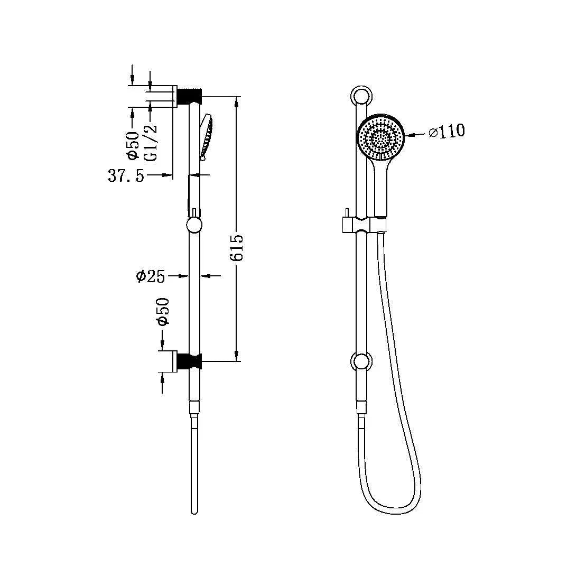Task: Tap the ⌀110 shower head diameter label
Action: click(446, 131)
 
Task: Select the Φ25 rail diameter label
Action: click(150, 276)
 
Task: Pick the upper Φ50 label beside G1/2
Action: click(133, 146)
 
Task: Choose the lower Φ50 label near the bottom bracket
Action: click(163, 312)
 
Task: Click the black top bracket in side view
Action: click(190, 96)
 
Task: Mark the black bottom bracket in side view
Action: click(190, 362)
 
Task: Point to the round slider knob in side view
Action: click(194, 227)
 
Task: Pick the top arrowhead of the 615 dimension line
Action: click(237, 100)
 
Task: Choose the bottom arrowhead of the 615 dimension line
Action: click(237, 358)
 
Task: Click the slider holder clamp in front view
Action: click(362, 224)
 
